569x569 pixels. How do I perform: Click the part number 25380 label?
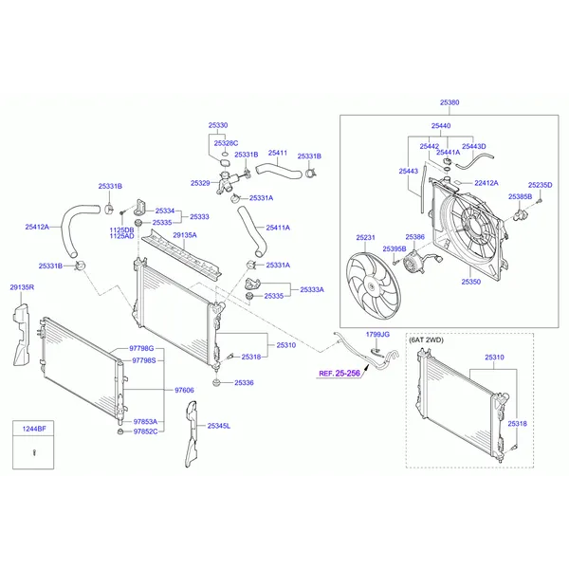(450, 102)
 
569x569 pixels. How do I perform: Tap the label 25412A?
(38, 227)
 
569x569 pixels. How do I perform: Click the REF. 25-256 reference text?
(339, 374)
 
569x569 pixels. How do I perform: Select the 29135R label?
(22, 286)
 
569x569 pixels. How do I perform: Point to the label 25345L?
(219, 427)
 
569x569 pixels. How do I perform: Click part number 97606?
(184, 390)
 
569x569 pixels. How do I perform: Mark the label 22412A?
(486, 183)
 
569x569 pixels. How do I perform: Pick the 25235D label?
(540, 185)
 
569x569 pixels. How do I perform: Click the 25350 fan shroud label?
(471, 282)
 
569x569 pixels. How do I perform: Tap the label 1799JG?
(377, 335)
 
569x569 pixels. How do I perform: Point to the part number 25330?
(218, 125)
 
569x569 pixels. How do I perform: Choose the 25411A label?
(278, 228)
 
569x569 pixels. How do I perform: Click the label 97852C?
(145, 431)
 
